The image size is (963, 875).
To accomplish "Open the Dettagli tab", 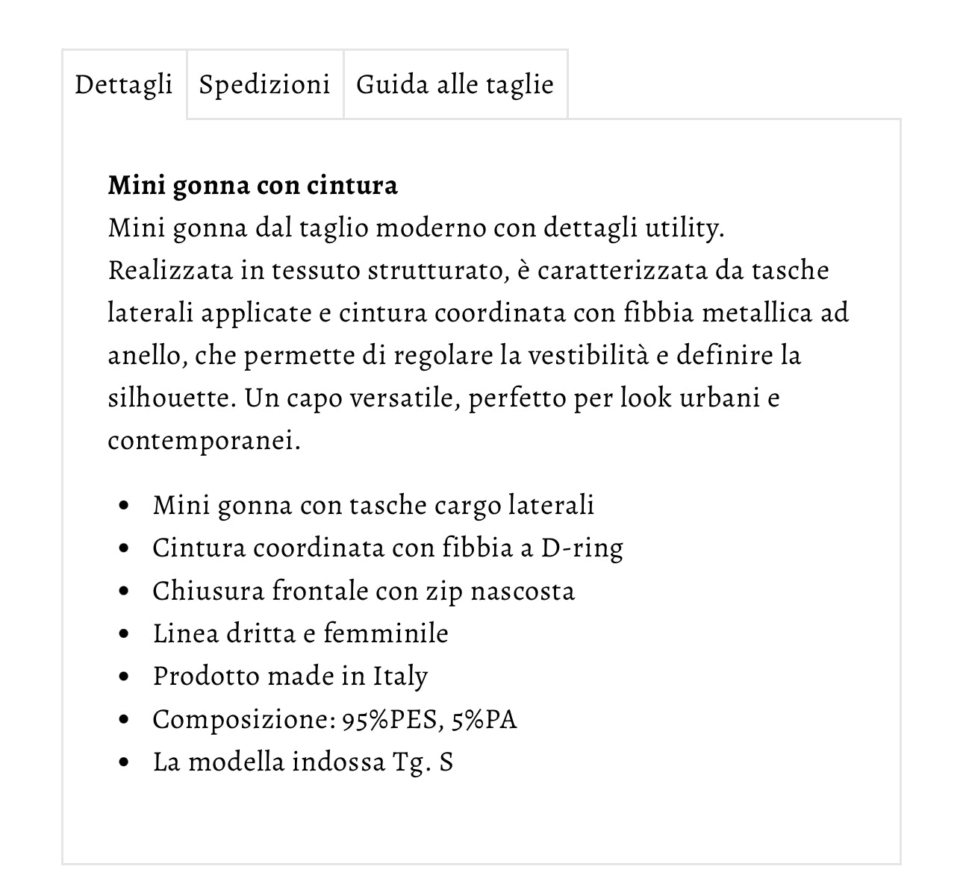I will tap(124, 84).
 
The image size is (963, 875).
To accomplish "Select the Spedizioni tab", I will tap(264, 84).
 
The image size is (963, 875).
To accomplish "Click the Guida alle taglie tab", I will tap(455, 84).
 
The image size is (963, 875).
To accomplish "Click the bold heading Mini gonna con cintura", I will tap(252, 184).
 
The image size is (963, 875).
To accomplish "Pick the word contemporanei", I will tap(203, 440).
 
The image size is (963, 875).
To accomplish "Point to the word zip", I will tap(444, 591).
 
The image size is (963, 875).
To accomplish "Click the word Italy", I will tap(400, 677).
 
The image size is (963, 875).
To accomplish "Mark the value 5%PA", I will tap(484, 720).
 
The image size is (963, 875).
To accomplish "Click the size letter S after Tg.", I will tap(446, 762).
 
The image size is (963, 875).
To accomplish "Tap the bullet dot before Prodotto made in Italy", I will tap(124, 677).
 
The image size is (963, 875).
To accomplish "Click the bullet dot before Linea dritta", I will tap(124, 634).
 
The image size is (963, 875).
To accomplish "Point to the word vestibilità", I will tap(588, 355).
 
